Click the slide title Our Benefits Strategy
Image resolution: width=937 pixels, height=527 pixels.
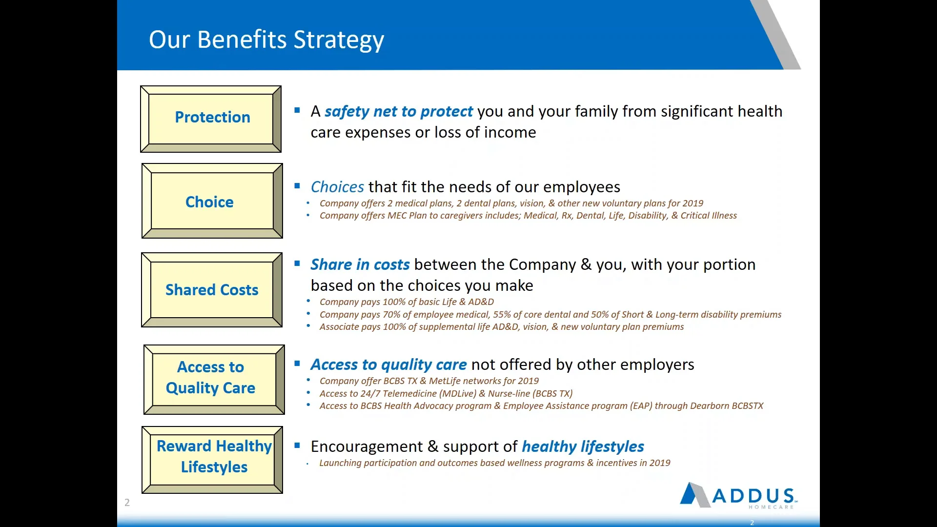(x=266, y=40)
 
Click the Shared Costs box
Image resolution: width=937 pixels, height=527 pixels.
(x=211, y=290)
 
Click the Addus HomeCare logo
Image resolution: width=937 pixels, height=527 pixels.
(x=738, y=496)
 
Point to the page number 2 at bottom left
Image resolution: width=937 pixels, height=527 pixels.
(x=127, y=502)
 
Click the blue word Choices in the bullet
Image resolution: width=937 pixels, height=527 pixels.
(x=337, y=187)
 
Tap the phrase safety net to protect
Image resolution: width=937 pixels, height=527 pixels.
(x=398, y=112)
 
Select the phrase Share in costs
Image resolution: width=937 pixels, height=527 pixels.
(x=360, y=264)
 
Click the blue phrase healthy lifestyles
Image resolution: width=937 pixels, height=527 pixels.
(x=583, y=446)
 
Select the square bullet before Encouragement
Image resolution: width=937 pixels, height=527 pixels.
(x=297, y=445)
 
